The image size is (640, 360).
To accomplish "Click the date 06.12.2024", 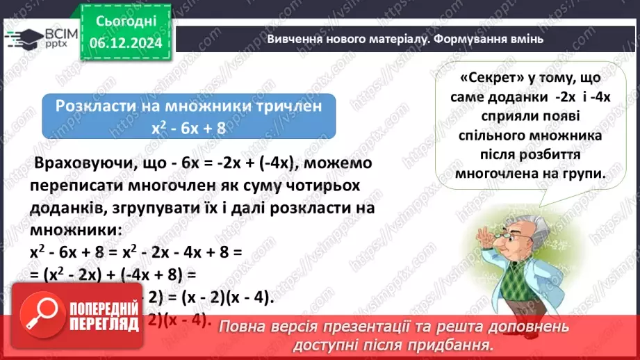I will point(125,42).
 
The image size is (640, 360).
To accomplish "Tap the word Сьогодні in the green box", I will point(125,22).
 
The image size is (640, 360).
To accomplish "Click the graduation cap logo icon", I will point(19,37).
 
